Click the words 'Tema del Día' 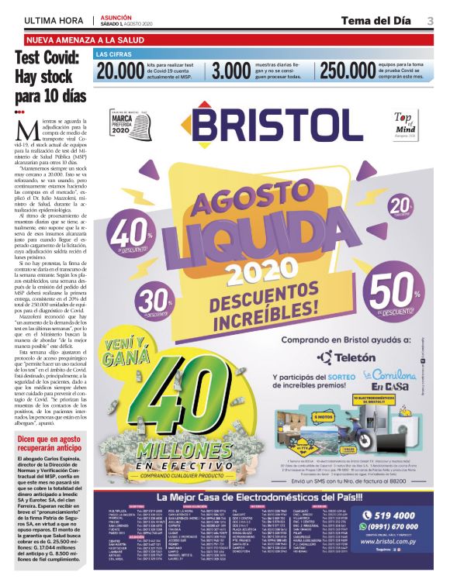pos(379,20)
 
